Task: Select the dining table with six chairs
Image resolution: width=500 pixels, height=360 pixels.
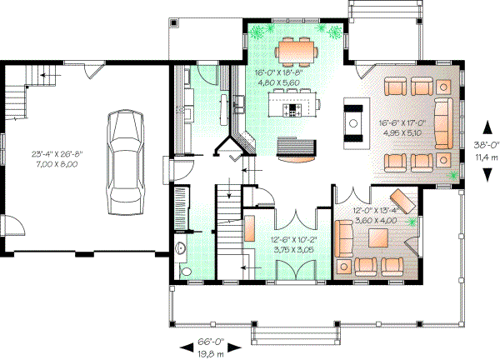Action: (296, 51)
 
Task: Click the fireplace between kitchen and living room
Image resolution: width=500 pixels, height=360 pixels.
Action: (354, 117)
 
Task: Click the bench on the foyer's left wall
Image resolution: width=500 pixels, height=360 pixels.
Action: (249, 229)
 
